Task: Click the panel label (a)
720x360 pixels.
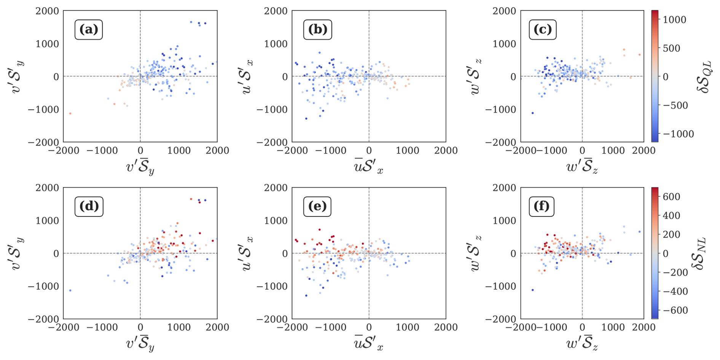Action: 89,30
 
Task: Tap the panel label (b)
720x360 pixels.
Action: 317,30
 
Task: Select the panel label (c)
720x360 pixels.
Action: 543,30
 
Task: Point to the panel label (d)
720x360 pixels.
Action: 89,206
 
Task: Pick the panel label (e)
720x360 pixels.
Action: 317,206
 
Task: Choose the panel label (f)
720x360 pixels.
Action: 542,206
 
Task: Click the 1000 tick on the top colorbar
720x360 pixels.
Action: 674,20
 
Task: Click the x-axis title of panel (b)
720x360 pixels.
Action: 368,167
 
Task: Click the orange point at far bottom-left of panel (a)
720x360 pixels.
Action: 70,113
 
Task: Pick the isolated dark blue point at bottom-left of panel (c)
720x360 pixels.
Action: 532,113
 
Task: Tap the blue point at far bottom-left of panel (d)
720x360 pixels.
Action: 70,290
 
